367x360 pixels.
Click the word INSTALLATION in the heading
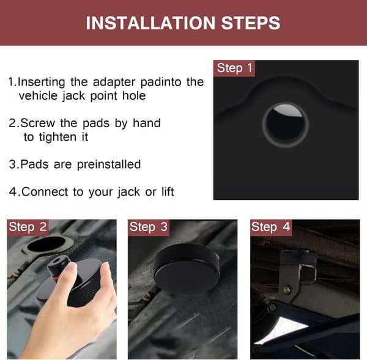coord(150,23)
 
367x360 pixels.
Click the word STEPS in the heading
coord(250,23)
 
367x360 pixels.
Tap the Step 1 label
coord(234,68)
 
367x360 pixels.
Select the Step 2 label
coord(28,227)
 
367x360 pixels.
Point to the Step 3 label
coord(149,227)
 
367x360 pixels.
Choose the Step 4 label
coord(271,227)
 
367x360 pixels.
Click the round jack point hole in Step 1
coord(285,125)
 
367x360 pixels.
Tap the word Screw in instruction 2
coord(37,123)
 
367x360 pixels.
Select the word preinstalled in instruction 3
coord(109,164)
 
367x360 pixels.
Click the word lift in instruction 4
coord(168,191)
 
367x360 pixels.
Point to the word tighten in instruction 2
coord(57,137)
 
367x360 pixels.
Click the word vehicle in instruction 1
coord(38,96)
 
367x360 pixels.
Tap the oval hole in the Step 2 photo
coord(46,244)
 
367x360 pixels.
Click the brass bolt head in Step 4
coord(287,290)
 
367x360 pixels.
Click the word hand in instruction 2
coord(147,123)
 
